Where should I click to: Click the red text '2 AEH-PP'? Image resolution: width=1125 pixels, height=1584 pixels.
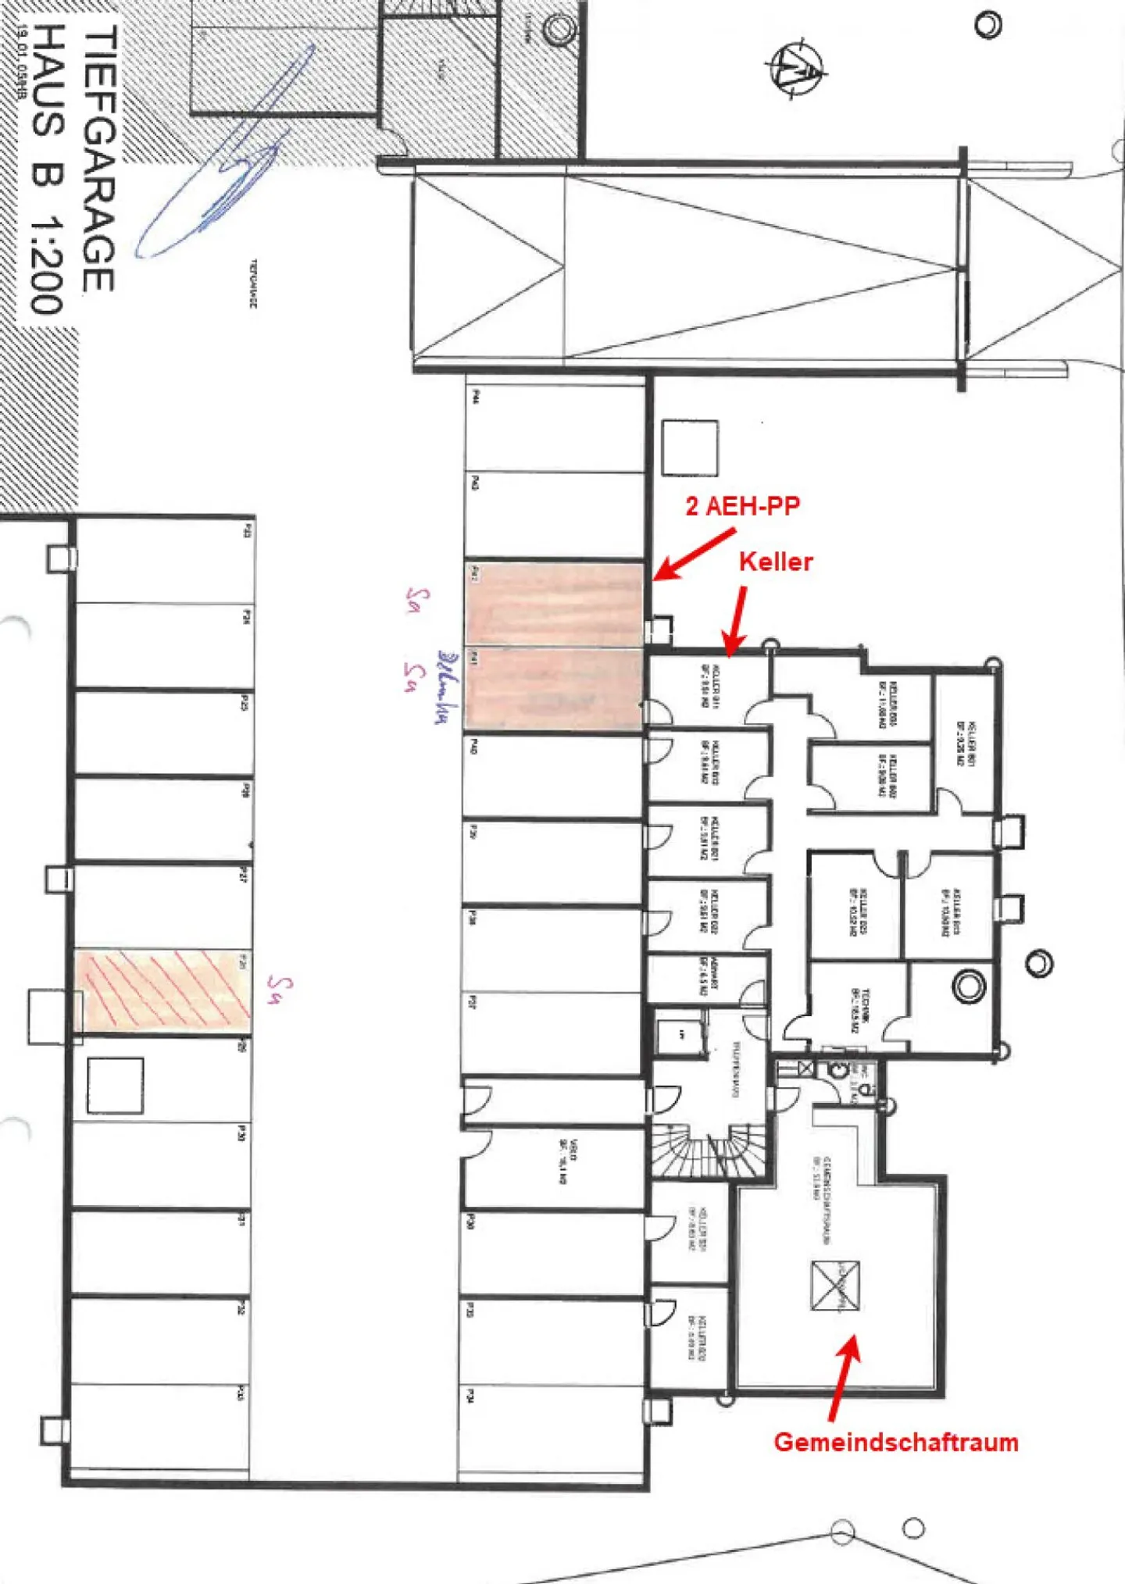pos(742,506)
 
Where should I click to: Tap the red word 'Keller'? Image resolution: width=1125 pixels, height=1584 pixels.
pos(776,562)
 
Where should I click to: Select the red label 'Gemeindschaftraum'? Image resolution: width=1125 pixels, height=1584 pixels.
pos(896,1442)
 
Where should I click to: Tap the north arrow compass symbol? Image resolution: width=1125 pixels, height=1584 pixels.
pos(796,69)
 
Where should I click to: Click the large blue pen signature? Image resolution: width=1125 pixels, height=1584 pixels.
pos(227,156)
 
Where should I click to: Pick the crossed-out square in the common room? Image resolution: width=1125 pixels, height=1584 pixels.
pos(835,1286)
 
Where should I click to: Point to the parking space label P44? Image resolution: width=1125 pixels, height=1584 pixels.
pos(475,396)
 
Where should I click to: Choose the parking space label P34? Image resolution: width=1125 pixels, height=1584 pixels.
pos(470,1395)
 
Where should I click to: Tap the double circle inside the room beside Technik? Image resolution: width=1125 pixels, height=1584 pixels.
pos(968,986)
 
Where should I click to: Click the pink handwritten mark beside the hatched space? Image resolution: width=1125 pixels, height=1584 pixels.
pos(278,988)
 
